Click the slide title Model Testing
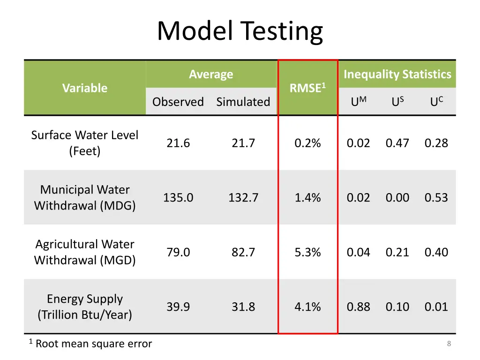click(x=240, y=31)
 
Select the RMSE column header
click(x=307, y=88)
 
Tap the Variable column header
click(x=85, y=88)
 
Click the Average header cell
click(x=211, y=74)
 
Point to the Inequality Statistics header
click(x=397, y=74)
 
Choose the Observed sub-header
click(x=178, y=102)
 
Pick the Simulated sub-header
click(x=243, y=102)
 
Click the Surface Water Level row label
click(x=85, y=143)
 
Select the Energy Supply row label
click(x=85, y=307)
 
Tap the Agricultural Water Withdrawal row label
click(x=85, y=252)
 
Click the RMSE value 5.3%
click(x=307, y=252)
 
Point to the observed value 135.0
click(x=178, y=198)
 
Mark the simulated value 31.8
click(x=243, y=307)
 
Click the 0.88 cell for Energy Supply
click(x=358, y=307)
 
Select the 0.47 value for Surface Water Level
click(x=397, y=143)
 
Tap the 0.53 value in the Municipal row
click(x=436, y=198)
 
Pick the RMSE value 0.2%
click(x=307, y=143)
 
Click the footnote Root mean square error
click(x=93, y=344)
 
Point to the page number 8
click(x=449, y=344)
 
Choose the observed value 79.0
click(x=178, y=252)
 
